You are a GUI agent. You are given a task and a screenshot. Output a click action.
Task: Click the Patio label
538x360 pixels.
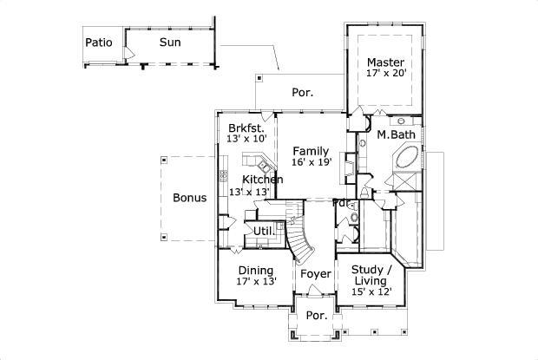pyautogui.click(x=100, y=42)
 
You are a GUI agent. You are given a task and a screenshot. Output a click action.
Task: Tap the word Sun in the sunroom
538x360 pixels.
pyautogui.click(x=169, y=42)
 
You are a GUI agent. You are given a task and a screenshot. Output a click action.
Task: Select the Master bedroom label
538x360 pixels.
pyautogui.click(x=384, y=62)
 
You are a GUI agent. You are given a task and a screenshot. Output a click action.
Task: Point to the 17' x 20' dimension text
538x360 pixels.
pyautogui.click(x=385, y=74)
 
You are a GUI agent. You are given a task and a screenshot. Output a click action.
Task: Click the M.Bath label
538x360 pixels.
pyautogui.click(x=396, y=134)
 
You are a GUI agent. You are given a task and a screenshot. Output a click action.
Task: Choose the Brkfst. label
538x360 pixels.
pyautogui.click(x=246, y=127)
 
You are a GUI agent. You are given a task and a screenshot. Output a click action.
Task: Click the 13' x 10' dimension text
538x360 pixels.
pyautogui.click(x=246, y=139)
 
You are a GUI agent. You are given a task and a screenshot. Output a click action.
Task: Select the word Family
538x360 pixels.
pyautogui.click(x=311, y=150)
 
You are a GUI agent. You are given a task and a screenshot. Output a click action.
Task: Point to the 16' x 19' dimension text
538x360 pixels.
pyautogui.click(x=311, y=162)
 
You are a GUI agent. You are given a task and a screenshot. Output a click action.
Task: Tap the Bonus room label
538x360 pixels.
pyautogui.click(x=189, y=198)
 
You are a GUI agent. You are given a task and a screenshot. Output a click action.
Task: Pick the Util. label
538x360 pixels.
pyautogui.click(x=264, y=231)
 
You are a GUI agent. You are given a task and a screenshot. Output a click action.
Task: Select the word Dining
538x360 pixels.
pyautogui.click(x=256, y=270)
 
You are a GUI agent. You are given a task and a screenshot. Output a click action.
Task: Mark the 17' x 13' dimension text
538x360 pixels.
pyautogui.click(x=256, y=282)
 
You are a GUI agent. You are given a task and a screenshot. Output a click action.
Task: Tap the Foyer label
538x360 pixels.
pyautogui.click(x=316, y=274)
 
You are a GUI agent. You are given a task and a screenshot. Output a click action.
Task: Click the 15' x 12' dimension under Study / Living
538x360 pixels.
pyautogui.click(x=371, y=292)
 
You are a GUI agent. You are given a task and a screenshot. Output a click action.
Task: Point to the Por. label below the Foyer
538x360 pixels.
pyautogui.click(x=317, y=316)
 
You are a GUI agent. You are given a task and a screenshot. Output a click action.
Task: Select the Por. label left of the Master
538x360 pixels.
pyautogui.click(x=301, y=91)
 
